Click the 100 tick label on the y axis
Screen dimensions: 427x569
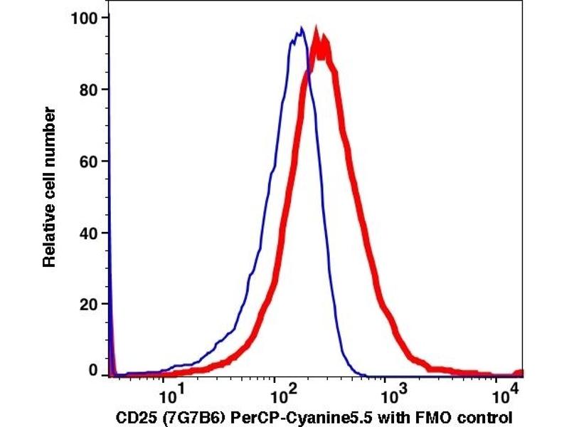(x=85, y=17)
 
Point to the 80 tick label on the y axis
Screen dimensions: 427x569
(x=88, y=89)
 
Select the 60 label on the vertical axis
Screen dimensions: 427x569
(x=88, y=161)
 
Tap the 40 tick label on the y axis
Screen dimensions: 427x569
(x=88, y=233)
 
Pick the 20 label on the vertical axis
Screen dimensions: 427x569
(x=88, y=304)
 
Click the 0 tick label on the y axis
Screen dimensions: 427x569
(x=93, y=370)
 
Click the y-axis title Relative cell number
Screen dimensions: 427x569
(x=49, y=186)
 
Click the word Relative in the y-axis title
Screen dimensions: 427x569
(x=49, y=240)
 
